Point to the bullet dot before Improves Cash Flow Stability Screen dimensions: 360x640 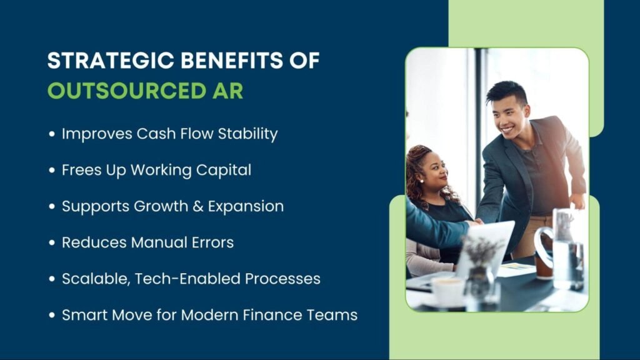[52, 135]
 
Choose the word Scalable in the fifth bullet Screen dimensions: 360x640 [91, 279]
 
